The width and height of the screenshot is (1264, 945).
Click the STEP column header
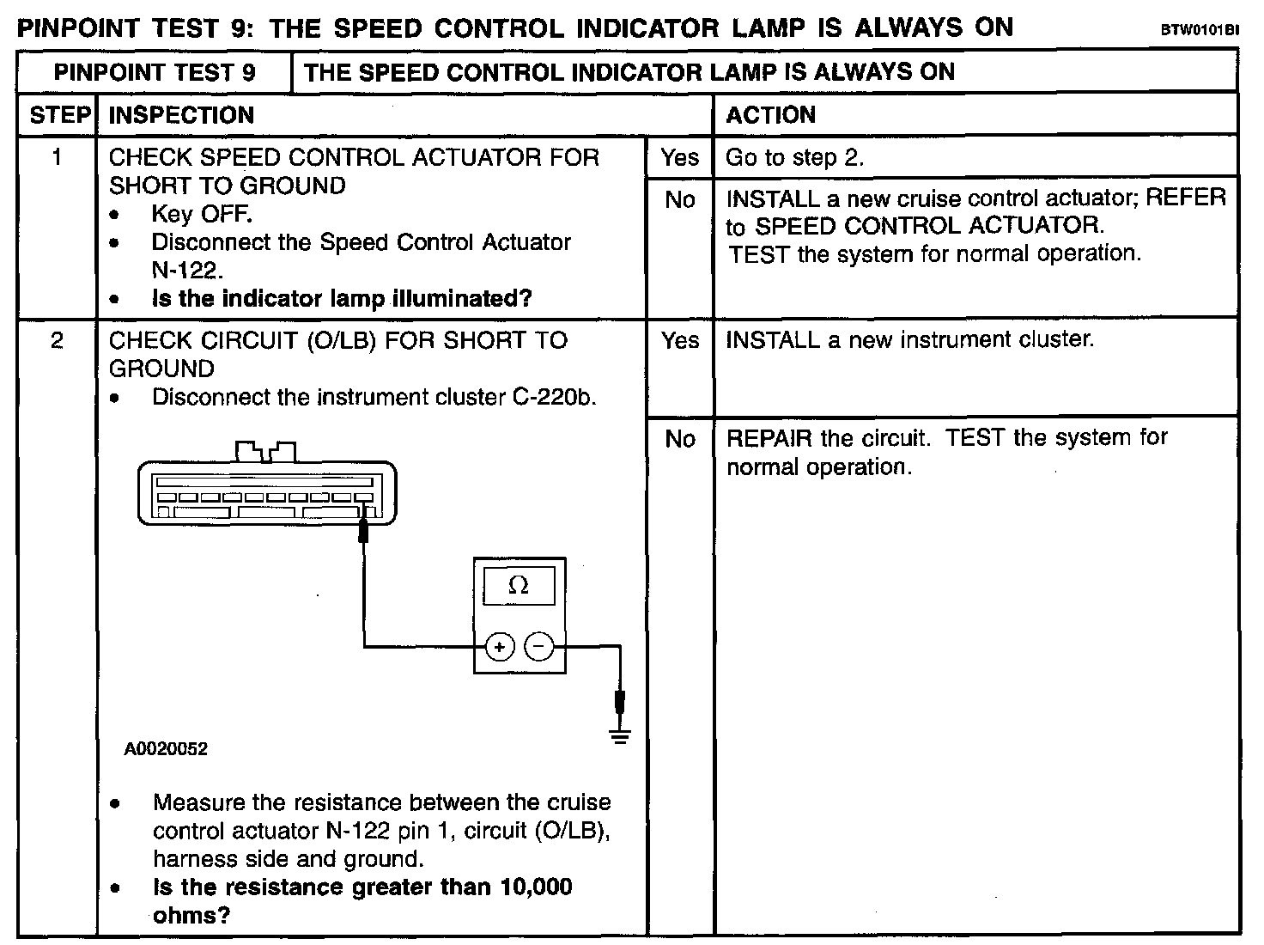[x=58, y=115]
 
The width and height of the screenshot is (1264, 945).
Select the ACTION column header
[x=770, y=115]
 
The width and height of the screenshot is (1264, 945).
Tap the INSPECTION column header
[x=181, y=115]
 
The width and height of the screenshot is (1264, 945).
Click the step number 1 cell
[x=57, y=158]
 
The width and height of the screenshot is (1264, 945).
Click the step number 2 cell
[x=57, y=341]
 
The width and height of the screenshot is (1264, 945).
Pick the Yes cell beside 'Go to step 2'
[x=679, y=158]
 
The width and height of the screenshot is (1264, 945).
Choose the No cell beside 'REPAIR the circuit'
[x=679, y=439]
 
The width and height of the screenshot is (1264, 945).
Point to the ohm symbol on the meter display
[x=519, y=586]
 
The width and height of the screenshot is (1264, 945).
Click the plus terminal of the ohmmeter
[x=500, y=646]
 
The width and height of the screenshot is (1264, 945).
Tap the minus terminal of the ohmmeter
[x=538, y=646]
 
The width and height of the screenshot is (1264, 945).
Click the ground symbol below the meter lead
[x=620, y=735]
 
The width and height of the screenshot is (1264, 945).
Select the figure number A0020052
[x=166, y=749]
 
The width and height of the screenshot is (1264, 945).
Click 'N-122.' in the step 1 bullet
[x=187, y=271]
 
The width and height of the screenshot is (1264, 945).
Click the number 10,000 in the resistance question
[x=536, y=887]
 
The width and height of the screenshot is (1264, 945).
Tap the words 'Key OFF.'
[x=202, y=214]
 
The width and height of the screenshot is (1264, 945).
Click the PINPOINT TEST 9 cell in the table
[x=155, y=72]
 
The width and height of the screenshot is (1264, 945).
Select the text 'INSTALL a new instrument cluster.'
[x=910, y=340]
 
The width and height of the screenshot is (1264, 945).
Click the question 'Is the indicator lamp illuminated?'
[x=342, y=299]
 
